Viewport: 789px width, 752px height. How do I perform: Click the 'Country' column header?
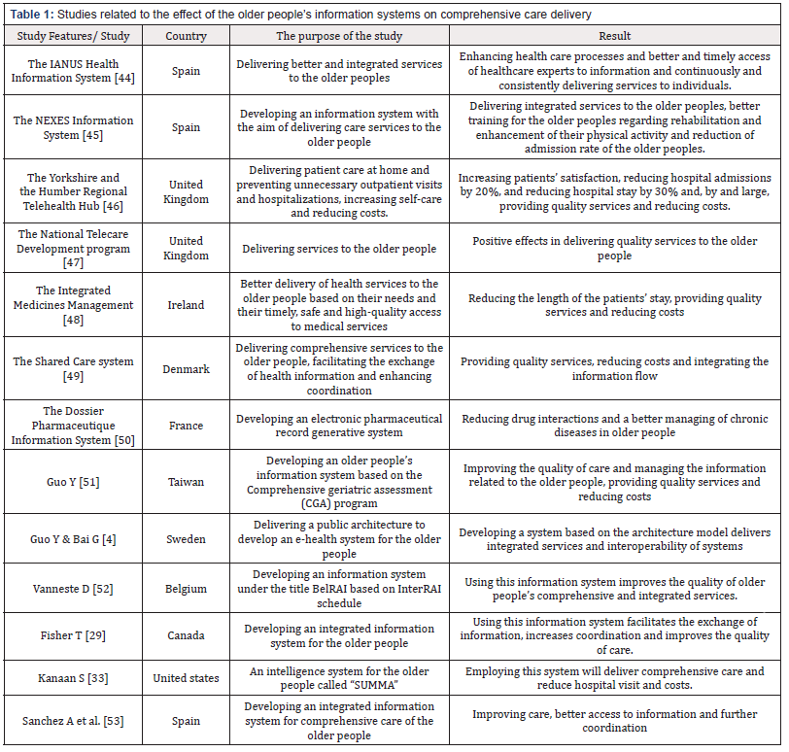tap(186, 36)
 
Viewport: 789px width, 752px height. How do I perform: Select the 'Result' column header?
tap(615, 36)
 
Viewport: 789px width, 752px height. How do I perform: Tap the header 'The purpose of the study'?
tap(339, 36)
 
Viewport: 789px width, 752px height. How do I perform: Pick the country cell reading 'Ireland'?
tap(186, 305)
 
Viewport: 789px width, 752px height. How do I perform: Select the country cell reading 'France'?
tap(186, 426)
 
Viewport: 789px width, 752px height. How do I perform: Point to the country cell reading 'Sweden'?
tap(186, 539)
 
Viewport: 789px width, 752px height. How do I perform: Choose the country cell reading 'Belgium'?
tap(186, 588)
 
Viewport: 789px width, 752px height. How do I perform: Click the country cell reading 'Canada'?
tap(186, 635)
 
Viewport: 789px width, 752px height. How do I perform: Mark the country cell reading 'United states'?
tap(186, 678)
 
